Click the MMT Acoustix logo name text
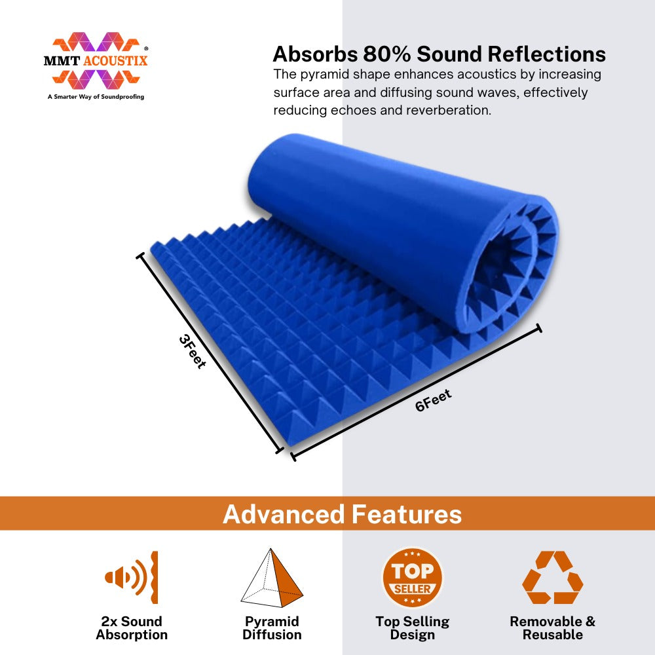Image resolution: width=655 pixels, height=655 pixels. coord(96,61)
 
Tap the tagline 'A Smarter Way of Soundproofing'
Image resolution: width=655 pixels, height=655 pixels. coord(96,96)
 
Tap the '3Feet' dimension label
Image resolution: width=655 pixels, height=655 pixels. coord(192,352)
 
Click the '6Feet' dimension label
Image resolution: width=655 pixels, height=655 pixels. coord(433,400)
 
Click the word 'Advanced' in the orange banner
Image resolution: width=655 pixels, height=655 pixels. coord(284,514)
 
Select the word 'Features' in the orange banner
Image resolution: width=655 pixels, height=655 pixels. coord(407,514)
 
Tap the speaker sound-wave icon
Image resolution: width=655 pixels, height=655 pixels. coord(132,577)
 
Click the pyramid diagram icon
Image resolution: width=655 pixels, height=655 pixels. coord(272,578)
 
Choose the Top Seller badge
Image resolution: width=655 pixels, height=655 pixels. coord(412,578)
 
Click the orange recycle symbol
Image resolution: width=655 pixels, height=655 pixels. coord(553,577)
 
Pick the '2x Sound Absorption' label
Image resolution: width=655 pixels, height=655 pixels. coord(132,628)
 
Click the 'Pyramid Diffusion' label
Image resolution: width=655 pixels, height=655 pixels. coord(272,628)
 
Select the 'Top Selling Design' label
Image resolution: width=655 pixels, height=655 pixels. coord(412,628)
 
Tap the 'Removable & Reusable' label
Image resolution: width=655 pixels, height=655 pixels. coord(553,628)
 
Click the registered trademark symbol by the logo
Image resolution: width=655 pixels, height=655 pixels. coord(146,49)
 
